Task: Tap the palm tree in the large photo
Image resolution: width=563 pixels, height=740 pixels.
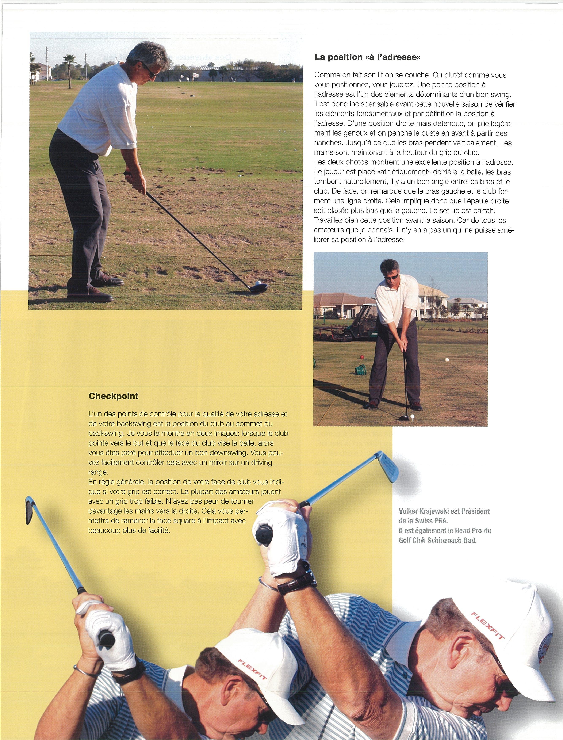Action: [x=70, y=67]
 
